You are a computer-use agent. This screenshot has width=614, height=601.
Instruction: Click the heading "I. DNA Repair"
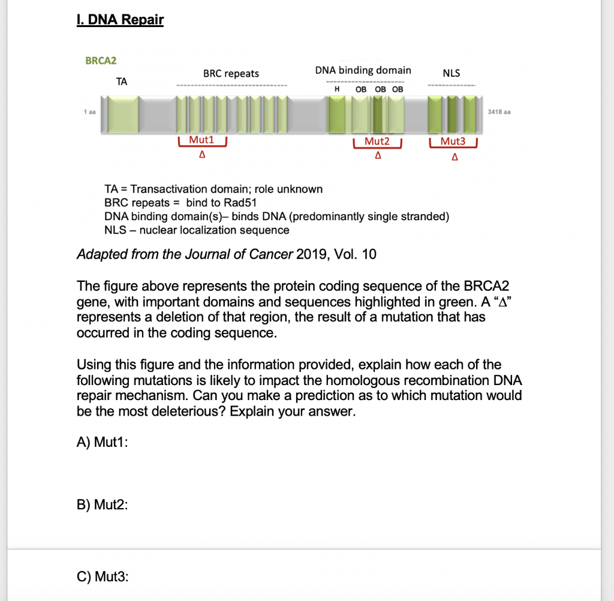120,20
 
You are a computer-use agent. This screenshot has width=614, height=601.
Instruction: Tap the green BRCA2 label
101,61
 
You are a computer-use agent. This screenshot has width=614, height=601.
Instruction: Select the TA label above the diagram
122,82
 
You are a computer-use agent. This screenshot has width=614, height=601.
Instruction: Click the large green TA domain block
123,115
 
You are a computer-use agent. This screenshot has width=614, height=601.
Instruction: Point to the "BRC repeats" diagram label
231,74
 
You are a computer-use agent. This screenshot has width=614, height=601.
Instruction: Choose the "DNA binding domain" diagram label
363,71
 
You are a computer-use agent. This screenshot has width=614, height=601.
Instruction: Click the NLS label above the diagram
452,73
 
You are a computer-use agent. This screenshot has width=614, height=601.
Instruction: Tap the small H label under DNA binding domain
337,89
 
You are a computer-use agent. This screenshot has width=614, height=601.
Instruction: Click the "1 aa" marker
90,112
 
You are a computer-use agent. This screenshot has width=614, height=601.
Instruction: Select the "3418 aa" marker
499,112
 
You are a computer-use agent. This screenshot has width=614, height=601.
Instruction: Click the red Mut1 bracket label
201,140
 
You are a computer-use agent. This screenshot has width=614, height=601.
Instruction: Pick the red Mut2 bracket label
377,141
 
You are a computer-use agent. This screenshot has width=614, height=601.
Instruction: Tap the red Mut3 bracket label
453,141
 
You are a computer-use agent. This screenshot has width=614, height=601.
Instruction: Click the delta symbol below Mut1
202,155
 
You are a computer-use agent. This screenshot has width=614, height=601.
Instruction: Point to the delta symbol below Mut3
455,157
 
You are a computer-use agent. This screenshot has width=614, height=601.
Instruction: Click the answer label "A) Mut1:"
102,442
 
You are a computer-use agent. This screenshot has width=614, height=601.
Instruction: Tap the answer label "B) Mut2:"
102,504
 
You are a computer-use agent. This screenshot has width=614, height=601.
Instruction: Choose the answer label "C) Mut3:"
103,577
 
